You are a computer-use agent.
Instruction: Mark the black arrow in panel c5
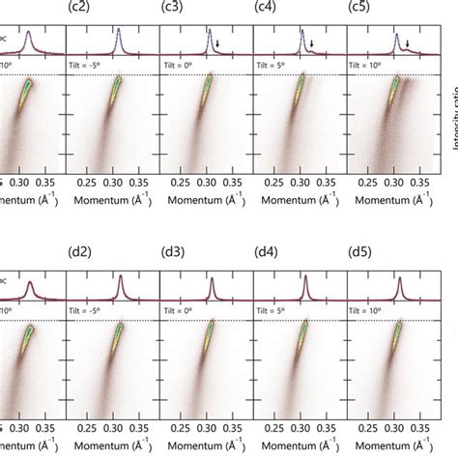click(408, 43)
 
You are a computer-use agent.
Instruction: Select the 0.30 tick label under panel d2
click(113, 424)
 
